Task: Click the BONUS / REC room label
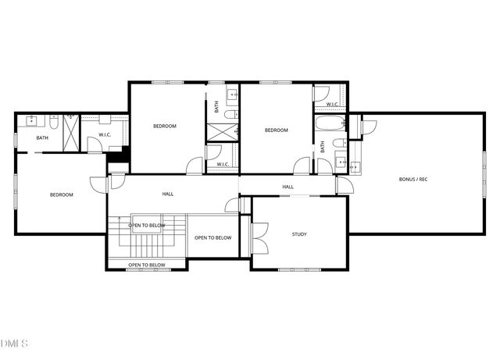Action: click(413, 180)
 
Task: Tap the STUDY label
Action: click(299, 234)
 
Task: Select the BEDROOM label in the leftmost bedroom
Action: click(61, 194)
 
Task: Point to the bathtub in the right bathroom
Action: click(328, 123)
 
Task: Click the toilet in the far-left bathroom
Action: click(54, 123)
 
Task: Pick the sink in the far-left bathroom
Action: click(31, 122)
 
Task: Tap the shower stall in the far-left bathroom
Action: click(71, 133)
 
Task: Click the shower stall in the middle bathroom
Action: click(222, 130)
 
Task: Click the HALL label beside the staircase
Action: click(168, 194)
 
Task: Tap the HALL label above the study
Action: click(287, 187)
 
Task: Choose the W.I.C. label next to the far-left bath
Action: click(105, 134)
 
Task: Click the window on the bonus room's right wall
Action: click(484, 172)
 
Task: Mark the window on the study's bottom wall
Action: click(299, 269)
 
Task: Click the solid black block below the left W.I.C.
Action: click(117, 155)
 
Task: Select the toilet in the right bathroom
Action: click(338, 143)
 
